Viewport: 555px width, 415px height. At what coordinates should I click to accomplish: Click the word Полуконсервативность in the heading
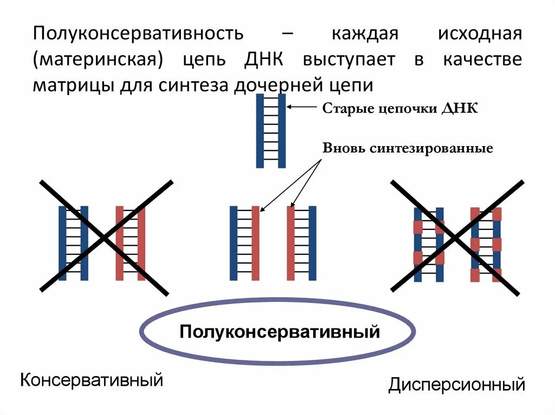(138, 34)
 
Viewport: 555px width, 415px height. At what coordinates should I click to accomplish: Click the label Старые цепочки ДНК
(401, 109)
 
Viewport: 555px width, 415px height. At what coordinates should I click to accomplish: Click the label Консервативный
(92, 379)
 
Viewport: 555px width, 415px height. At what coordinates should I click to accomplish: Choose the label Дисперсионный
(456, 385)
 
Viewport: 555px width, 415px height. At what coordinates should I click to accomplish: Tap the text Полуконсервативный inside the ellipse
(280, 331)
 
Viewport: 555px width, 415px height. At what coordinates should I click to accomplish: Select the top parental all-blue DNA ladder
(271, 130)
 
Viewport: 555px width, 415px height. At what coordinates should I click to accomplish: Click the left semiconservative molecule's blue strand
(234, 243)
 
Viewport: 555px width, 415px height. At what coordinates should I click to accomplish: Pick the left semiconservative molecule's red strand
(255, 243)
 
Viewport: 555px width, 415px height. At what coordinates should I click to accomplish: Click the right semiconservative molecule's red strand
(291, 243)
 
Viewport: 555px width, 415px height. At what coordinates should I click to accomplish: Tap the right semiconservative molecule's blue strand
(312, 243)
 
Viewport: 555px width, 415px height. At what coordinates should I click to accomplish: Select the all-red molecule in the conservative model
(130, 243)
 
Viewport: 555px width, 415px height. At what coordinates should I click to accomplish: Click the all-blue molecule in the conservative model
(73, 243)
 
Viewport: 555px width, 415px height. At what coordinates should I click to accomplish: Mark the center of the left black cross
(105, 238)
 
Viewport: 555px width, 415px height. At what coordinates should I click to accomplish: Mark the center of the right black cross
(456, 238)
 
